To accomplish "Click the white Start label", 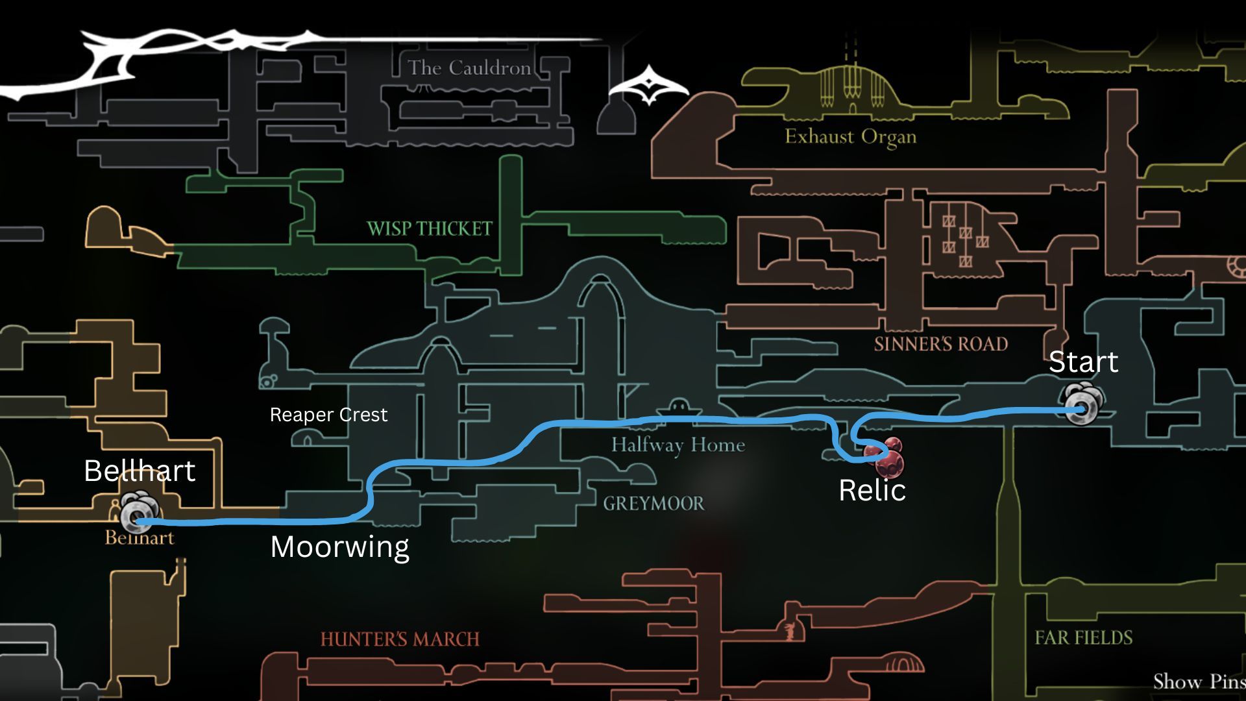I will [1083, 362].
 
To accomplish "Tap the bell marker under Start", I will [1082, 404].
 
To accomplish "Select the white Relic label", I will [872, 490].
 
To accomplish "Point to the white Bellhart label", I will [140, 471].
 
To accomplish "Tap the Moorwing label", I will [339, 547].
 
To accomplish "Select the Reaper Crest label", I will [328, 415].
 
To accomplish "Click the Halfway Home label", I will [678, 445].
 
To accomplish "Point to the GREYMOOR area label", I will [653, 503].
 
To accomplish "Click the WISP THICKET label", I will [430, 228].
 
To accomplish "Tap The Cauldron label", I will [469, 68].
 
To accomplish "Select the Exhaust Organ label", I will [850, 137].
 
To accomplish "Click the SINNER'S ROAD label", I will [940, 344].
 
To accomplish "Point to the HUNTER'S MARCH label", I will [400, 639].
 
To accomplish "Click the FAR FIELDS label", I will [1083, 638].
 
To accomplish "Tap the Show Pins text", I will [1199, 682].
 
